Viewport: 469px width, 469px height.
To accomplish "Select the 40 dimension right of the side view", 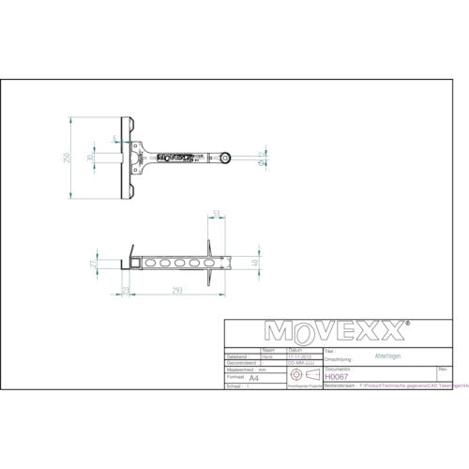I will coord(254,264).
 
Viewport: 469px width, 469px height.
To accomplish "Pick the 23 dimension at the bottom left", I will coord(127,293).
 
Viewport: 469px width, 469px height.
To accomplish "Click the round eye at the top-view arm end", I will coord(226,157).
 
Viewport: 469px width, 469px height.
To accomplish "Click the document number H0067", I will coord(335,376).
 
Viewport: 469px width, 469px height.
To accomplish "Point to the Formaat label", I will coord(236,377).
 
